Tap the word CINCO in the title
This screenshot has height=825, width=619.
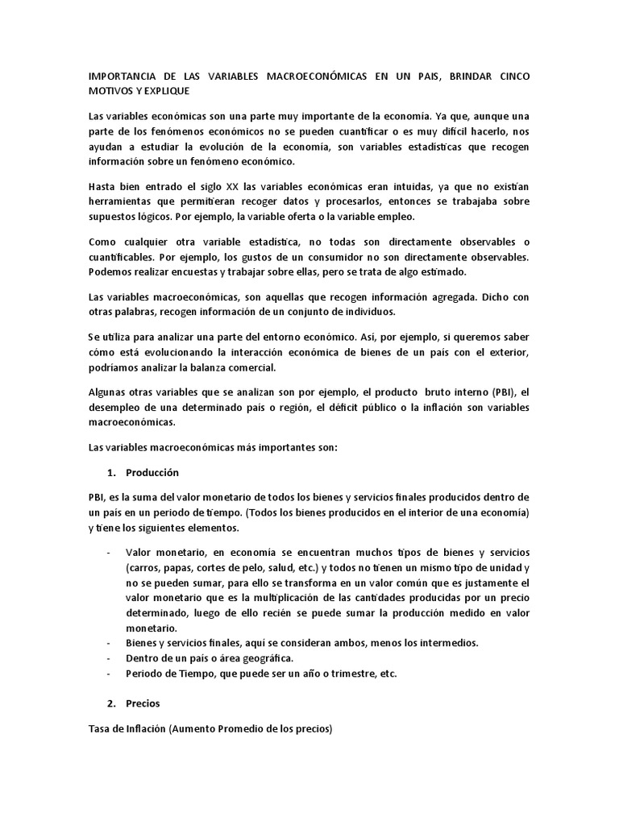(512, 77)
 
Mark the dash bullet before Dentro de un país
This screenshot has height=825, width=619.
(108, 657)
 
